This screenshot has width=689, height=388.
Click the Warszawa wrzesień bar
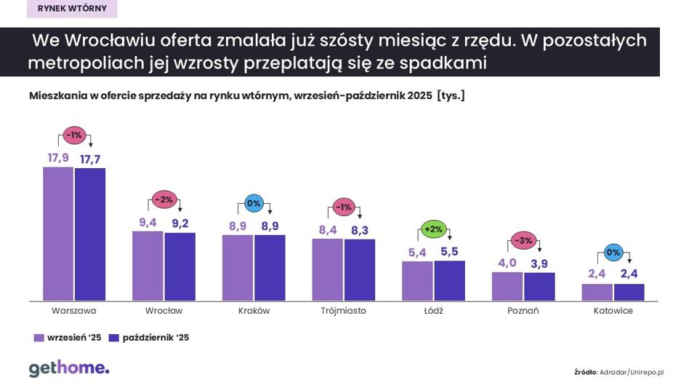tap(58, 234)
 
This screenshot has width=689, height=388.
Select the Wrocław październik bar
tap(180, 266)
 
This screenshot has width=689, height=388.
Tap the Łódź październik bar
tap(449, 280)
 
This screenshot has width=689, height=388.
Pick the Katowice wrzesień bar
tap(597, 292)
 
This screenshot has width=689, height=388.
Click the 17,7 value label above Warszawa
tap(90, 159)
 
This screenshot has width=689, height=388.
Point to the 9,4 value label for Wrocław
tap(148, 223)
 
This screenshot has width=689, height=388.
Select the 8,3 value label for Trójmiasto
tap(360, 230)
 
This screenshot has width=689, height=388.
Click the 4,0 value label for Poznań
tap(507, 263)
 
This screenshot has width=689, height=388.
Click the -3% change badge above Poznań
tap(523, 240)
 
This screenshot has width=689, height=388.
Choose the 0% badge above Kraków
tap(253, 204)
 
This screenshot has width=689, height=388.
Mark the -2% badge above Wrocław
tap(164, 199)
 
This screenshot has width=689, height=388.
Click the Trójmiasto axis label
tap(343, 311)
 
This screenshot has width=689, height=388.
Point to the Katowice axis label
tap(613, 311)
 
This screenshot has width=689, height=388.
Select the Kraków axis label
tap(254, 311)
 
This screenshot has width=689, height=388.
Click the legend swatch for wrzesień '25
tap(39, 338)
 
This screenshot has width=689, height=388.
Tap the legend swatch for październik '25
tap(113, 338)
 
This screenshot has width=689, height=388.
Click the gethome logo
tap(69, 368)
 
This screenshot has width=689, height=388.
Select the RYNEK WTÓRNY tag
tap(72, 9)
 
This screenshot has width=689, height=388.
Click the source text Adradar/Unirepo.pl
tap(631, 372)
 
